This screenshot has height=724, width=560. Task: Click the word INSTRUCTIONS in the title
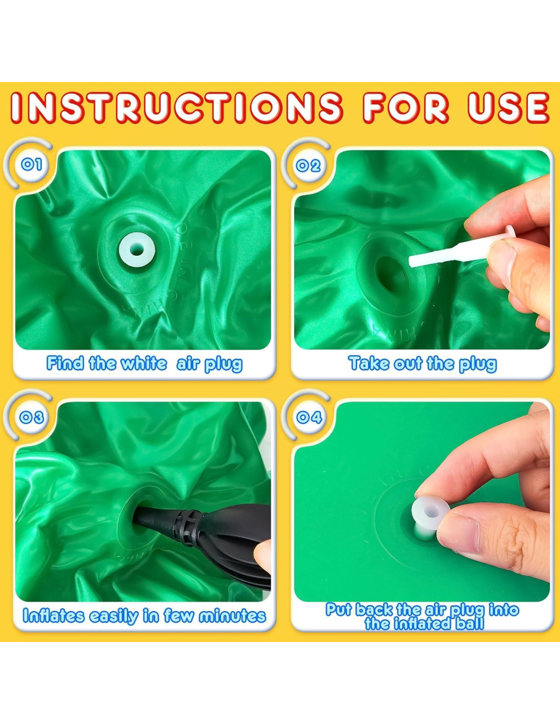point(177,107)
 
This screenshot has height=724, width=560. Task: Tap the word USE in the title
point(509,107)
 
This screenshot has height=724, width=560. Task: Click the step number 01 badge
point(32,164)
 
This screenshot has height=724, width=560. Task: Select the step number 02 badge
point(308,165)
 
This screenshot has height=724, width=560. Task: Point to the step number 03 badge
point(32,417)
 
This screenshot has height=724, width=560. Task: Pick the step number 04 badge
point(309,417)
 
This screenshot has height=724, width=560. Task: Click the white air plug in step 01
point(137,249)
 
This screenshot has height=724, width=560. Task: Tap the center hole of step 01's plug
point(137,249)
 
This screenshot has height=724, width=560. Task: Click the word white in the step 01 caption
point(144,363)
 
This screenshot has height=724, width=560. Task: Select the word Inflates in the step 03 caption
point(53,616)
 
